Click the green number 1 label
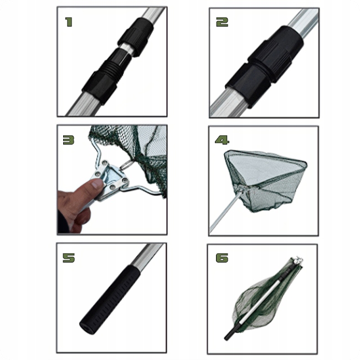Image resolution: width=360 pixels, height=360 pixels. click(69, 22)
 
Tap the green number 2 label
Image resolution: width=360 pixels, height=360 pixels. click(222, 22)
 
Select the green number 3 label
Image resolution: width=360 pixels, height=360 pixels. click(69, 140)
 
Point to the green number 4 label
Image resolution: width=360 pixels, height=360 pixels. click(222, 140)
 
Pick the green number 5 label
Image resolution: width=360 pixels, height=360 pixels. click(69, 258)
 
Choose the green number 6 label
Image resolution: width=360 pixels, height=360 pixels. click(222, 258)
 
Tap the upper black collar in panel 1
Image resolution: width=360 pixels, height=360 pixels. click(136, 36)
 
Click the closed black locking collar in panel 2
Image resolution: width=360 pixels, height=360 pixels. click(264, 66)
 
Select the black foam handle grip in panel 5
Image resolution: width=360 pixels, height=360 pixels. click(110, 300)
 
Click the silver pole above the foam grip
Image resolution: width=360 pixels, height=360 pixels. click(148, 255)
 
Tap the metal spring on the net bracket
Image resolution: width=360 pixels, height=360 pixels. click(126, 165)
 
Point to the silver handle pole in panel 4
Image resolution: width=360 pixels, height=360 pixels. click(226, 211)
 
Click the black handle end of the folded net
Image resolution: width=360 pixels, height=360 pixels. click(231, 332)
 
